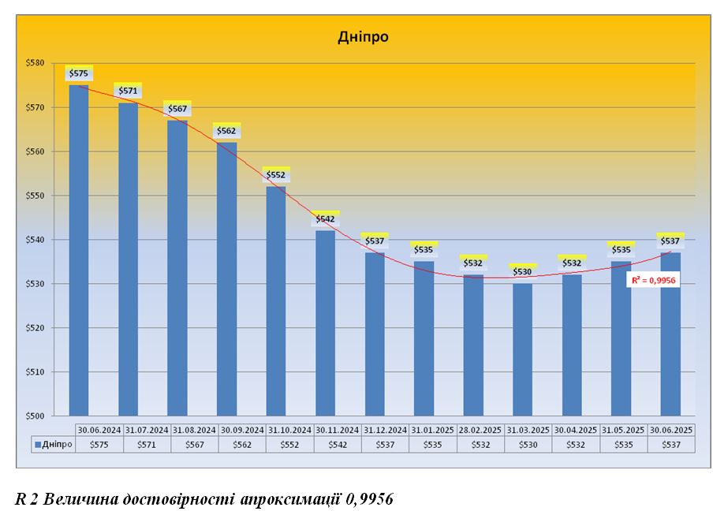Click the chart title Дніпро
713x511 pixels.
coord(363,36)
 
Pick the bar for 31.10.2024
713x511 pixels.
coord(276,300)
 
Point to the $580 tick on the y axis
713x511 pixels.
coord(35,63)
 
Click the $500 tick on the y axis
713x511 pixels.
coord(35,416)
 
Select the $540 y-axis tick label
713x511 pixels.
coord(35,240)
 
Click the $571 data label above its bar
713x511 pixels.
coord(128,91)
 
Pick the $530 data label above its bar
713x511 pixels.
coord(522,271)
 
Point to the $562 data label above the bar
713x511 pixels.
coord(226,131)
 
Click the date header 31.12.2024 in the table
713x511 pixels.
coord(386,430)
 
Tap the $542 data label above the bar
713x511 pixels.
coord(325,218)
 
